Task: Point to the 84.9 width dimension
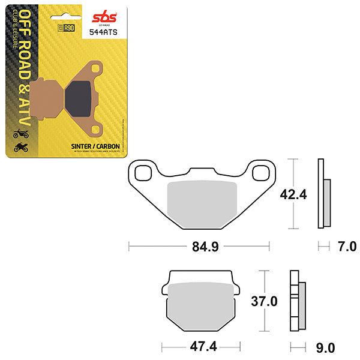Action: pos(199,246)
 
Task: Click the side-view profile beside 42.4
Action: pos(322,193)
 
